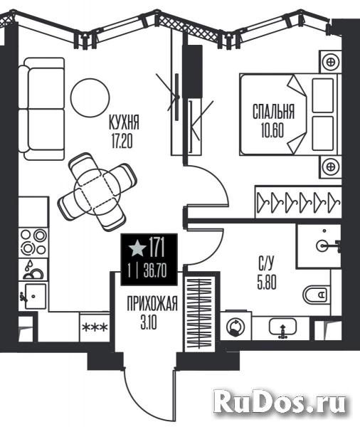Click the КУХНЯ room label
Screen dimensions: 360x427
point(124,122)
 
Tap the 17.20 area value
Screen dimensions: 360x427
point(122,142)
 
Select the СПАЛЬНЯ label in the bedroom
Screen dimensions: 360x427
point(273,112)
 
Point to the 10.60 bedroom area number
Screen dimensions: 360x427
point(272,130)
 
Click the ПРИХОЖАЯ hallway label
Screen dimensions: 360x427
point(152,304)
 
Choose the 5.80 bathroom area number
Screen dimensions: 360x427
point(267,282)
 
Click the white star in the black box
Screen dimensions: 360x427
point(137,248)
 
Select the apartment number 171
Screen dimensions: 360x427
point(157,247)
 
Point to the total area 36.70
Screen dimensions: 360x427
point(155,271)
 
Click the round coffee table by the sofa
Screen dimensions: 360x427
point(90,97)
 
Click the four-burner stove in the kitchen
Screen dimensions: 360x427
point(34,242)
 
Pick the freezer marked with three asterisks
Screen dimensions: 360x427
point(95,327)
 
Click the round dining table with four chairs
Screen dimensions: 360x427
point(97,191)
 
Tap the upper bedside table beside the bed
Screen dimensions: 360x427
point(331,62)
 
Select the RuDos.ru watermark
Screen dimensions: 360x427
point(280,403)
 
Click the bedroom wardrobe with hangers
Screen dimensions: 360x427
point(298,202)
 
